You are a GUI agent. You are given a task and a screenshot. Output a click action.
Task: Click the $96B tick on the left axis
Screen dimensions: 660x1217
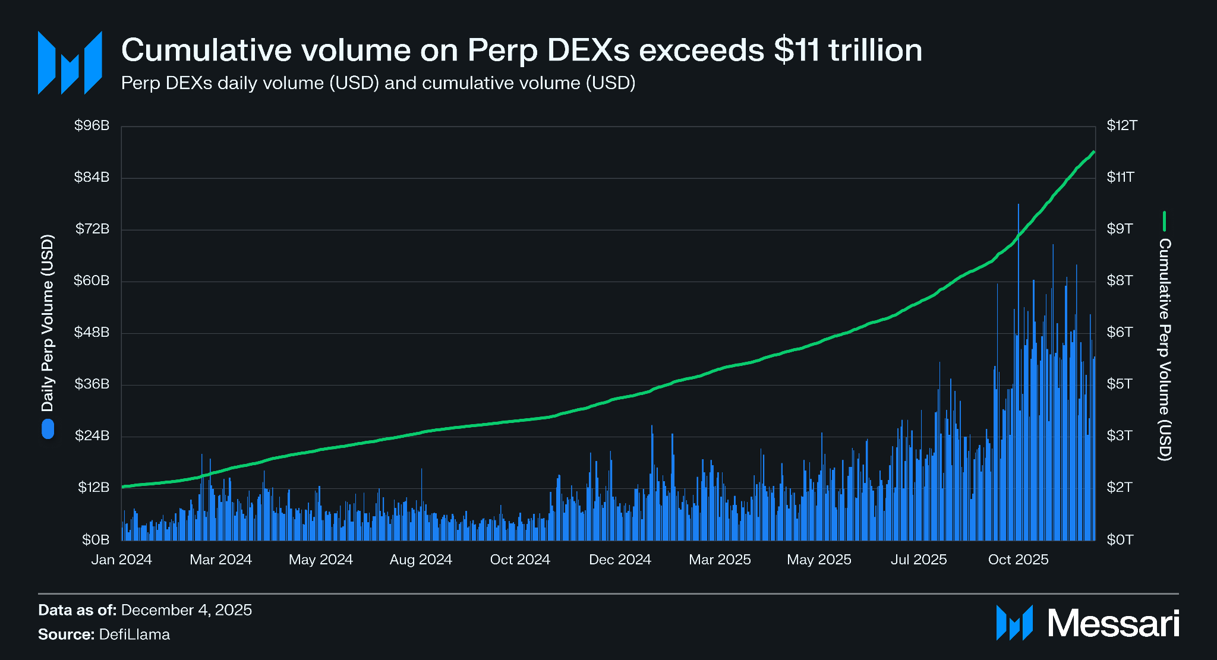[92, 126]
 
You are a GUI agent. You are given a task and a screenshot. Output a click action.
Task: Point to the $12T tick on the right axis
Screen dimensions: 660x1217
[1121, 126]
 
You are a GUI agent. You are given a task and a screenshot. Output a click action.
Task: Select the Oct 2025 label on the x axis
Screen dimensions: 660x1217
[1018, 560]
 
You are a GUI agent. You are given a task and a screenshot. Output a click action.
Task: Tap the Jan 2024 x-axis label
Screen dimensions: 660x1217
[121, 560]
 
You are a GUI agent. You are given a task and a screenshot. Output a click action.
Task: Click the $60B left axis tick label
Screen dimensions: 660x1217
[92, 280]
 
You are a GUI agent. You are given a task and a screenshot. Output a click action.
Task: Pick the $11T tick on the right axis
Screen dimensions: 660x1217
[1120, 177]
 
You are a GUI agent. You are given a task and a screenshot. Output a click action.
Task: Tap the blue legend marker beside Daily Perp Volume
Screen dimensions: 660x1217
[48, 429]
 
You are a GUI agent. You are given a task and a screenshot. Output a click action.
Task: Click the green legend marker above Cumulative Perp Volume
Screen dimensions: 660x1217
[1164, 221]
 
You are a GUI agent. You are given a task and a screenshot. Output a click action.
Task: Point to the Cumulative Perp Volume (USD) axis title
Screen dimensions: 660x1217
[1165, 349]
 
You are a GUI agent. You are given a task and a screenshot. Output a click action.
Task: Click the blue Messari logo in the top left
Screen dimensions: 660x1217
[70, 63]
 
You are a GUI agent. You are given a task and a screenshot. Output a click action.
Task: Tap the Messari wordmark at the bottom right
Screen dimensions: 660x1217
[1112, 623]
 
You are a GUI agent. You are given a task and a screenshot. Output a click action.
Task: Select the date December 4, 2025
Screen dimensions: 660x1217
[186, 610]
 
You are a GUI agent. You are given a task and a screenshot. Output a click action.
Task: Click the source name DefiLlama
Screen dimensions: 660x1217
[134, 634]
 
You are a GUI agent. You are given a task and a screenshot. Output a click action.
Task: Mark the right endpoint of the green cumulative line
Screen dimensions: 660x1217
[1093, 153]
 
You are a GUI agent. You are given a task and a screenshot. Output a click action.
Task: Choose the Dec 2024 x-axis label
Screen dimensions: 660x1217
[620, 560]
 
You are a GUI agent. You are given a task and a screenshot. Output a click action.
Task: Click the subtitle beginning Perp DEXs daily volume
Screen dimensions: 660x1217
[378, 83]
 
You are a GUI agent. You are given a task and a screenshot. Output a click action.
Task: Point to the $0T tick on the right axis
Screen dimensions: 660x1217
[1120, 539]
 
